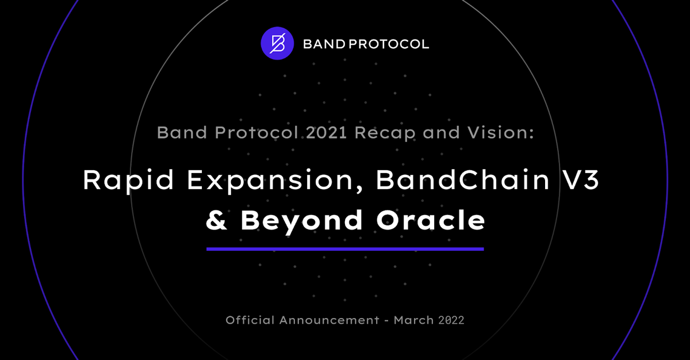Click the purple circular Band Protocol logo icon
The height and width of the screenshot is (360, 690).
pos(277,43)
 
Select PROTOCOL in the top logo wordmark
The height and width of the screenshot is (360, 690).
pos(389,44)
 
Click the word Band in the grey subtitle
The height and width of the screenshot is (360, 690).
pos(182,132)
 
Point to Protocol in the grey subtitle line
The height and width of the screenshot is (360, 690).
pos(256,132)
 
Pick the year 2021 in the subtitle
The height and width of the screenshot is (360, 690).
pos(327,132)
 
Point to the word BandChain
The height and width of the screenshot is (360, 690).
pos(463,179)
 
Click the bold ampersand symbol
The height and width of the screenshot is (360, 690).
pos(217,220)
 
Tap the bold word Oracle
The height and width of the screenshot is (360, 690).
pos(431,220)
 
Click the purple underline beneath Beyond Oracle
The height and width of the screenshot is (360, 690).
pos(345,249)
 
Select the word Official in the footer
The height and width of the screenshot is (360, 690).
pos(250,320)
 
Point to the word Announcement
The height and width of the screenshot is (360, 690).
pos(329,320)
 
